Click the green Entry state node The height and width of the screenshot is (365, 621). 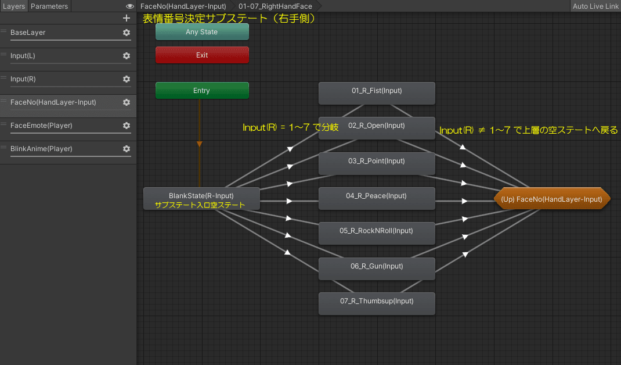(x=202, y=91)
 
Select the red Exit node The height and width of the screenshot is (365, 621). (x=202, y=55)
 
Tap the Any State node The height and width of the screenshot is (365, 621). (x=202, y=32)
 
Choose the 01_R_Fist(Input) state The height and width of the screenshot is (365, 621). (x=377, y=91)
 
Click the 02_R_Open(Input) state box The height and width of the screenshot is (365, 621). (x=377, y=126)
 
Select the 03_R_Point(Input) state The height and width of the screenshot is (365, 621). (x=377, y=162)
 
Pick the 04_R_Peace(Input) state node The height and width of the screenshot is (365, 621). (x=377, y=196)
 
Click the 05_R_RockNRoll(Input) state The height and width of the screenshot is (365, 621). (x=377, y=231)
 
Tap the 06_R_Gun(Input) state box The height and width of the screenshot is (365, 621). (x=377, y=267)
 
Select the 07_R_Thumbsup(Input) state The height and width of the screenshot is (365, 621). (x=377, y=302)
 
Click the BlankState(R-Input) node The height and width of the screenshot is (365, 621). (x=201, y=196)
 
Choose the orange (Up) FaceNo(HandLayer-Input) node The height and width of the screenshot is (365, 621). (x=552, y=199)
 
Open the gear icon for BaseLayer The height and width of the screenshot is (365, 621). (x=127, y=33)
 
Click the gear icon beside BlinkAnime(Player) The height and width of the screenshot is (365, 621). (x=127, y=149)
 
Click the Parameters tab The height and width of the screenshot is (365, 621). (x=49, y=6)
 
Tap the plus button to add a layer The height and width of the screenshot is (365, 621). (x=127, y=18)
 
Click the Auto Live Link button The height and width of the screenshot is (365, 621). (x=595, y=6)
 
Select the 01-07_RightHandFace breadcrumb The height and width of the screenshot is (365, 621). (x=275, y=6)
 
